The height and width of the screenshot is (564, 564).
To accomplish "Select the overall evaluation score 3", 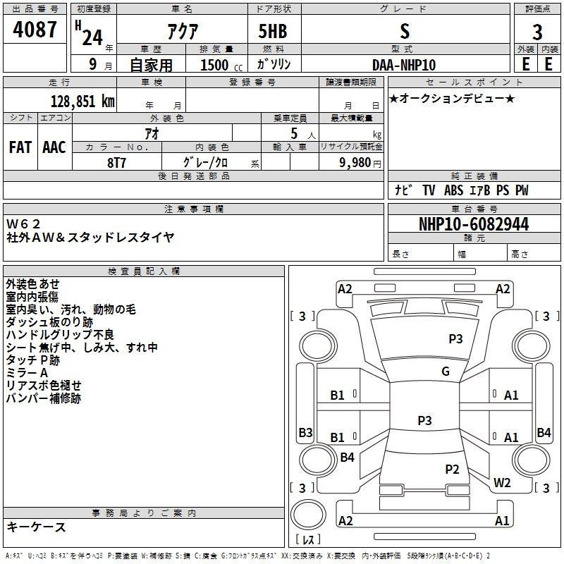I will (537, 32).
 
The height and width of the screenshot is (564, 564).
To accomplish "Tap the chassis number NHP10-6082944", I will (473, 225).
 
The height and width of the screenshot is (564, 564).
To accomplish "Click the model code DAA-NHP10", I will (404, 65).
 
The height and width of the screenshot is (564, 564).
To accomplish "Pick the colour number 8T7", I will (117, 162).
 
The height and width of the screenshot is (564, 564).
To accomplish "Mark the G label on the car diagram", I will (445, 372).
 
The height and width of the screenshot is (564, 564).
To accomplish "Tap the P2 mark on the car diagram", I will (452, 469).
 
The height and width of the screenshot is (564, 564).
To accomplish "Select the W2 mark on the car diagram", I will (502, 483).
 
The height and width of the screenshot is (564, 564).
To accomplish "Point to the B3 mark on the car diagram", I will (305, 432).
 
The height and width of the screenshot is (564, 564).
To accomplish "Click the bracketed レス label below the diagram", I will (308, 540).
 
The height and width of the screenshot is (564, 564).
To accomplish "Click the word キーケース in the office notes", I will (36, 527).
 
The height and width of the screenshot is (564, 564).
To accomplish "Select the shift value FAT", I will (20, 147).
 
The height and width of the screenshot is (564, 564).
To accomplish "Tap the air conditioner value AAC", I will (54, 147).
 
